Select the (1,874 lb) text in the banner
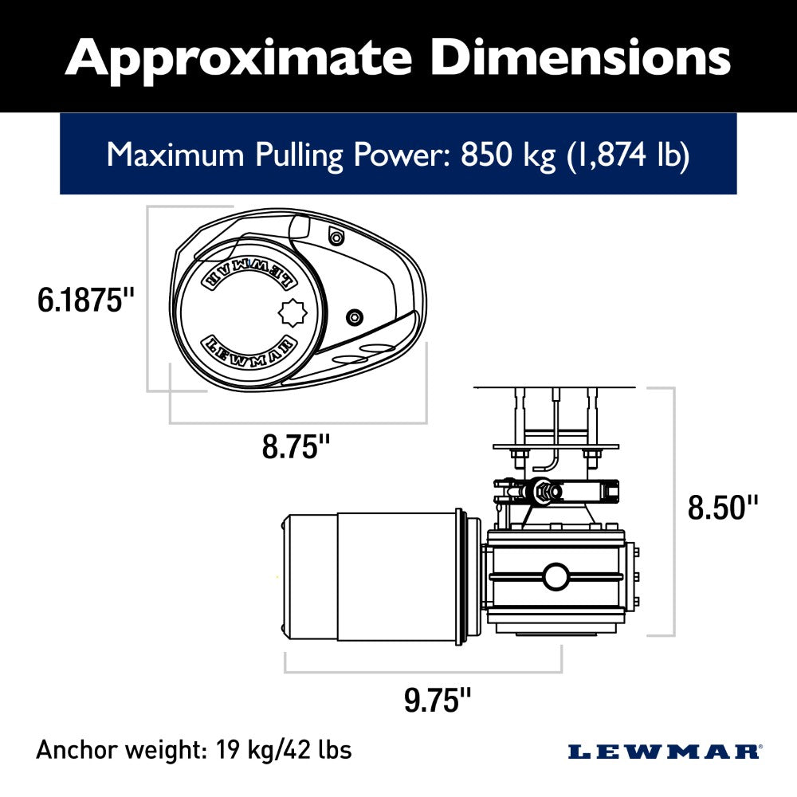tap(627, 155)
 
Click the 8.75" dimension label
tap(296, 447)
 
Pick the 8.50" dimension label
tap(723, 507)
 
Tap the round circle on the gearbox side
tap(555, 575)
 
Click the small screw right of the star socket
tap(353, 318)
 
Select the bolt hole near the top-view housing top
tap(336, 236)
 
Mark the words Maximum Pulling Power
tap(279, 155)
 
